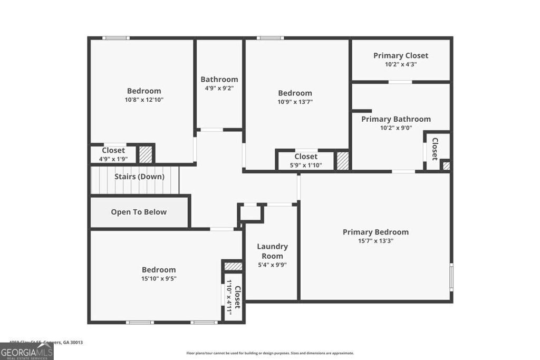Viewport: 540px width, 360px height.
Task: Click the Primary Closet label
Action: point(401,55)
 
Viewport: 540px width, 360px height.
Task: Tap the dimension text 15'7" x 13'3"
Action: point(375,241)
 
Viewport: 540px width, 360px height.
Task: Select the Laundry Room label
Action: point(272,251)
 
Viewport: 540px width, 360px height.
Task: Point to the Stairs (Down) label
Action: point(139,177)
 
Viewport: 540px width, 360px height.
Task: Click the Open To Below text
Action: point(139,212)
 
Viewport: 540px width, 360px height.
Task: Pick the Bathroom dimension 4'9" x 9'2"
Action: point(219,89)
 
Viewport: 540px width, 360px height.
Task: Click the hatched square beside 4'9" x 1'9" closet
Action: point(146,154)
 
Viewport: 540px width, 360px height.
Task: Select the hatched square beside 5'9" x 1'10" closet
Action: point(343,161)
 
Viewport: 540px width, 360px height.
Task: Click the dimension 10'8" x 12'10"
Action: point(144,100)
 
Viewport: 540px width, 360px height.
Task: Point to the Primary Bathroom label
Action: point(396,119)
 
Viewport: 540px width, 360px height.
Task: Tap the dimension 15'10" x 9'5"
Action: point(158,279)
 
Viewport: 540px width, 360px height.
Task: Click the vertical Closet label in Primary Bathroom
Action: point(435,149)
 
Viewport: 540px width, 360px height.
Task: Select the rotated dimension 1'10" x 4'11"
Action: point(229,297)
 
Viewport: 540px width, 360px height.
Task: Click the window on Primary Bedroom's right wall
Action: point(451,277)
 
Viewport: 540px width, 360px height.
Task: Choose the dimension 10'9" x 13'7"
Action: point(295,102)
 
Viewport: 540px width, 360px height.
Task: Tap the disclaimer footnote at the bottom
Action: point(270,353)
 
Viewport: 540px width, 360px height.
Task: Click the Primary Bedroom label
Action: point(375,232)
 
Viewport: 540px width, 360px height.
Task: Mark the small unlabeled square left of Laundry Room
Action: point(251,213)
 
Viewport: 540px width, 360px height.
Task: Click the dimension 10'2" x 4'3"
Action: point(401,64)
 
